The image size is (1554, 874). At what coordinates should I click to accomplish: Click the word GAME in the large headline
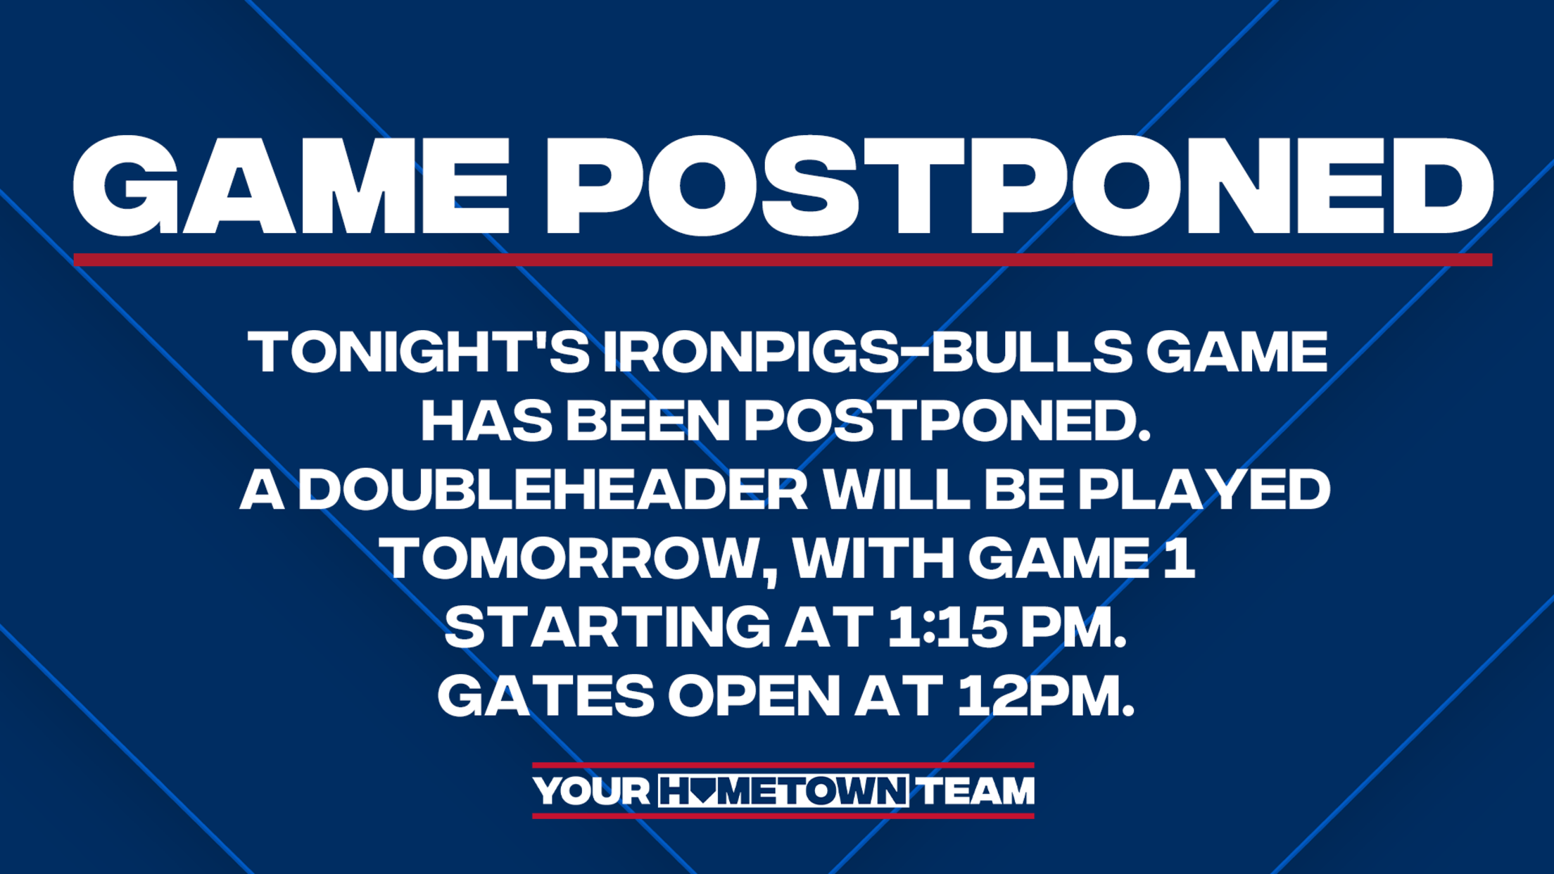point(291,186)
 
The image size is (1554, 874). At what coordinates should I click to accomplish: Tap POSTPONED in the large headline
point(1020,186)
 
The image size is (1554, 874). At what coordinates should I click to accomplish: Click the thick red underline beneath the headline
point(783,260)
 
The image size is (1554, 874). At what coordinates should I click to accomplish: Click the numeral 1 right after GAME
point(1180,558)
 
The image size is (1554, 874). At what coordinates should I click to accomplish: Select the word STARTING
point(607,626)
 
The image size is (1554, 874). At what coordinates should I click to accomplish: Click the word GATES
point(546,695)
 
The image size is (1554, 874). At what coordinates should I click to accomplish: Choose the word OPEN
point(754,695)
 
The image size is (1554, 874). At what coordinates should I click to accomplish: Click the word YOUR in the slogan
point(591,791)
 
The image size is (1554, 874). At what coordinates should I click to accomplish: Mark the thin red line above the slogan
point(783,765)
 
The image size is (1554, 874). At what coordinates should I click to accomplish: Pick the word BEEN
point(648,420)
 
